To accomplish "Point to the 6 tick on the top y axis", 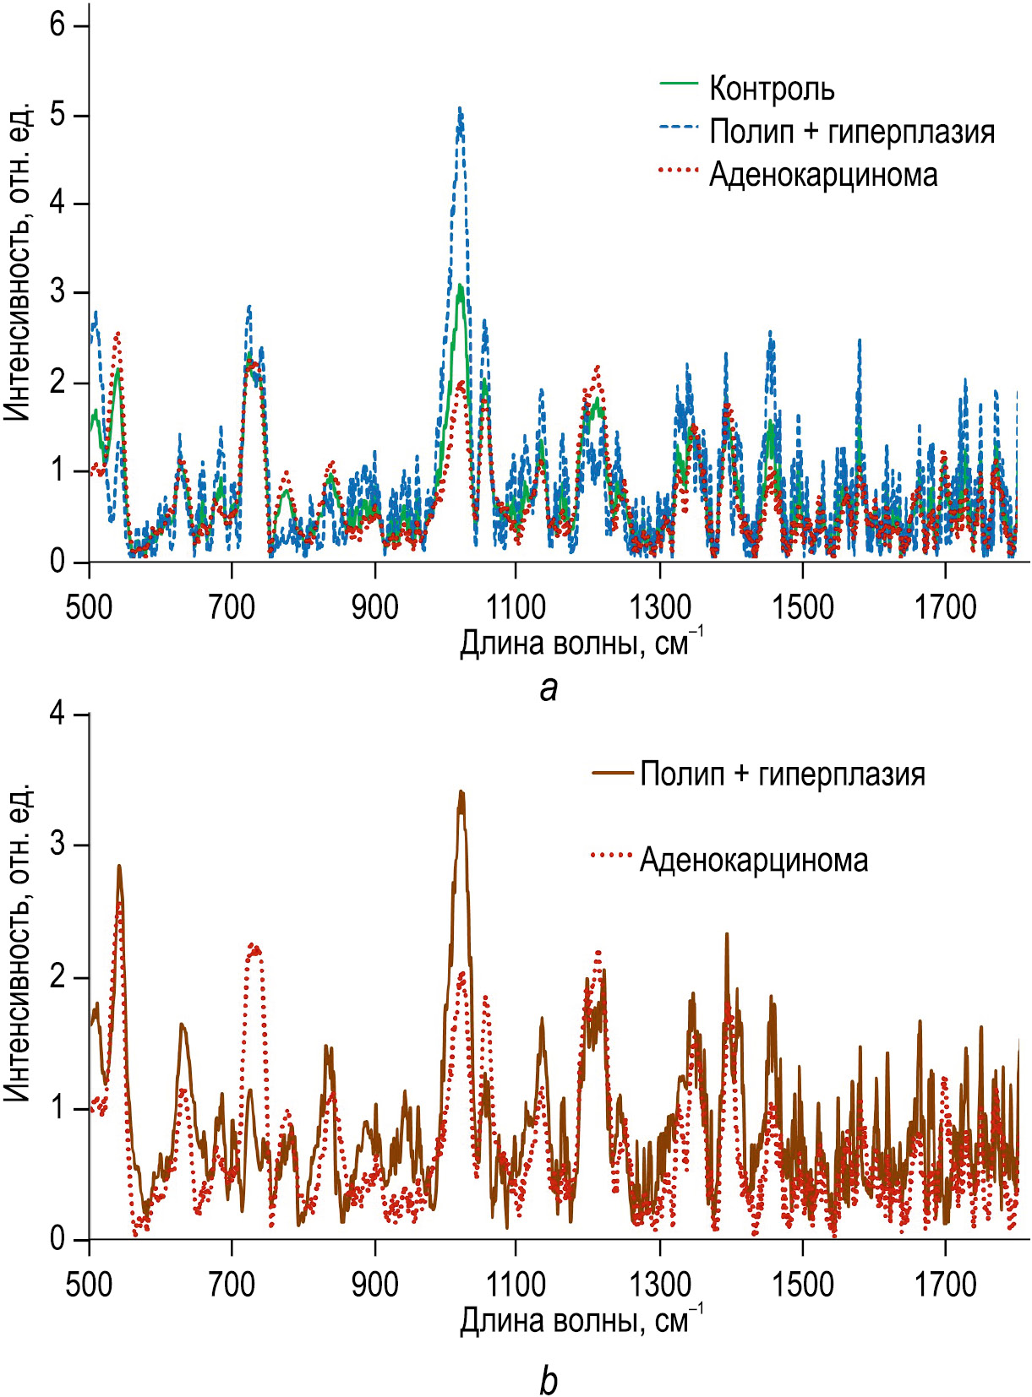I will (x=57, y=25).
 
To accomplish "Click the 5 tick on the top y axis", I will (x=57, y=115).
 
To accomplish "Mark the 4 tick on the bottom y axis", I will (x=57, y=715).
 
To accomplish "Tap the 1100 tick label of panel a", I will (x=516, y=607).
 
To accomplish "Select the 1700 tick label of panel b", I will (x=945, y=1286).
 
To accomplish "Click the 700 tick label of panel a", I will (x=232, y=607).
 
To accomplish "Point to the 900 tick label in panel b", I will (x=374, y=1286).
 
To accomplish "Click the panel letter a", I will (x=549, y=688).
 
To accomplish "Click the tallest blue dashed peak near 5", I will (x=460, y=110).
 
